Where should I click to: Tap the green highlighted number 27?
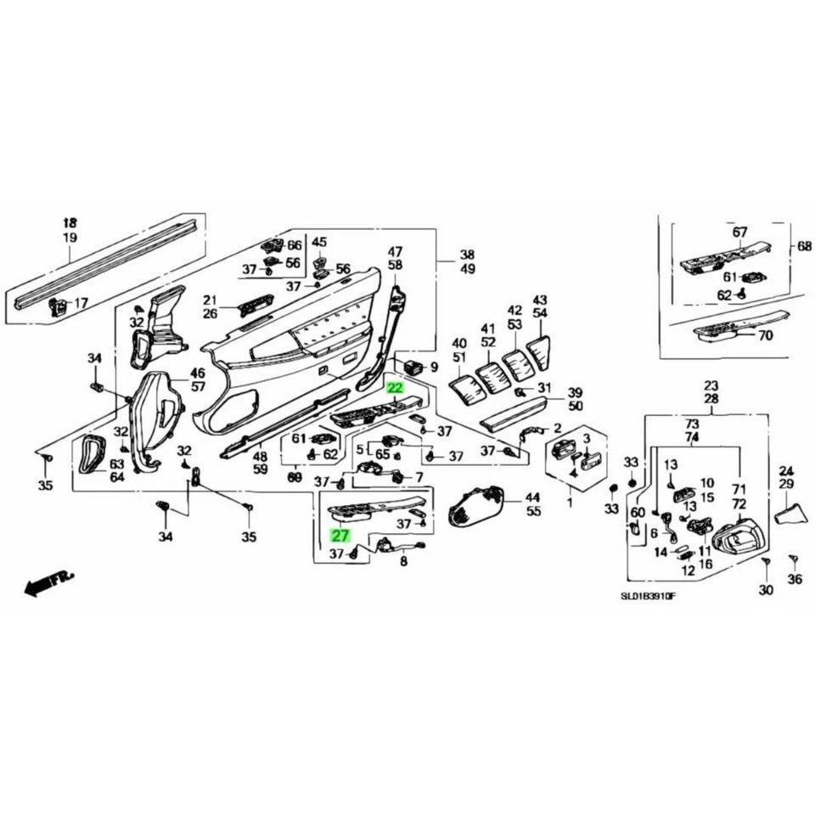click(340, 536)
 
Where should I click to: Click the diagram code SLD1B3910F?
click(648, 596)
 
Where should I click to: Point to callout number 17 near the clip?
click(81, 303)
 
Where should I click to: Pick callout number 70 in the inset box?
click(765, 335)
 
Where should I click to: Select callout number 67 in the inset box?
click(739, 232)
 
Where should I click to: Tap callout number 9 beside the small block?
click(434, 368)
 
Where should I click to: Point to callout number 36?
click(794, 579)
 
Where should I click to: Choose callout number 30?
click(766, 589)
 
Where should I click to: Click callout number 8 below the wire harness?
click(403, 561)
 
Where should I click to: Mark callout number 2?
click(557, 428)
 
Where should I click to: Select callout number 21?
click(210, 300)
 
